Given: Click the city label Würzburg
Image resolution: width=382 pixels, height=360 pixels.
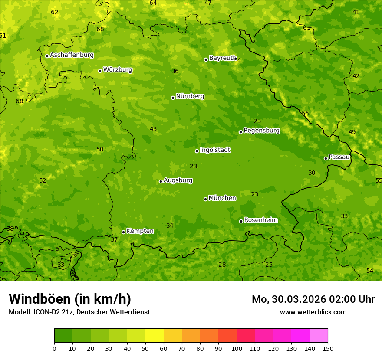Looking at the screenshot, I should [x=118, y=70].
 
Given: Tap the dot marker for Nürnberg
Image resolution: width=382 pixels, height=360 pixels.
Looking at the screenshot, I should [x=173, y=98].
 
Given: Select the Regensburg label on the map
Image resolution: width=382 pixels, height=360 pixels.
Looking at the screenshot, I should [x=261, y=131].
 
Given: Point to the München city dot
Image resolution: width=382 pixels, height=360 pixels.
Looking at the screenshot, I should [x=205, y=199].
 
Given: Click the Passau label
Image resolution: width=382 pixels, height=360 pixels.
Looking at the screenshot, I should [x=339, y=157].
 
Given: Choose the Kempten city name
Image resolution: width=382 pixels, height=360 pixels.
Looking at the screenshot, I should [x=140, y=231].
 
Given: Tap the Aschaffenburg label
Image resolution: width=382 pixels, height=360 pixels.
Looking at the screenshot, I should [x=72, y=55].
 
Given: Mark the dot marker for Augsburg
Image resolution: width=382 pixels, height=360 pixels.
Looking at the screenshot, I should [x=161, y=181].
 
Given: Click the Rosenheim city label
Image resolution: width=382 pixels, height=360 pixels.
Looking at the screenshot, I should [x=261, y=220].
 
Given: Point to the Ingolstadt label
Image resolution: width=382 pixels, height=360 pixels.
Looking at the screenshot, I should [x=215, y=150].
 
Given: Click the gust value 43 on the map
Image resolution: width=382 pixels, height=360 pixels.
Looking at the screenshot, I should [x=153, y=129].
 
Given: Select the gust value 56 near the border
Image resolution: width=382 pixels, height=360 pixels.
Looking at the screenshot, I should [x=305, y=114].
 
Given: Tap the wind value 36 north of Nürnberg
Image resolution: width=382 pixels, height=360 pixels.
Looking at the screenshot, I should [x=175, y=72].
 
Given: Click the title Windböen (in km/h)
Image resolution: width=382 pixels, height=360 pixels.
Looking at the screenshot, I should [x=70, y=299].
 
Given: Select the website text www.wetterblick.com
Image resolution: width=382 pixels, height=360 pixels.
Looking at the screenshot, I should [x=313, y=312].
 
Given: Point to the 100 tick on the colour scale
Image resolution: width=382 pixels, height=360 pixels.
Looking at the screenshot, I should [x=237, y=348].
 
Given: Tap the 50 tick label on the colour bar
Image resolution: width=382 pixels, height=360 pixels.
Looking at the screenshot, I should [x=145, y=348].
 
